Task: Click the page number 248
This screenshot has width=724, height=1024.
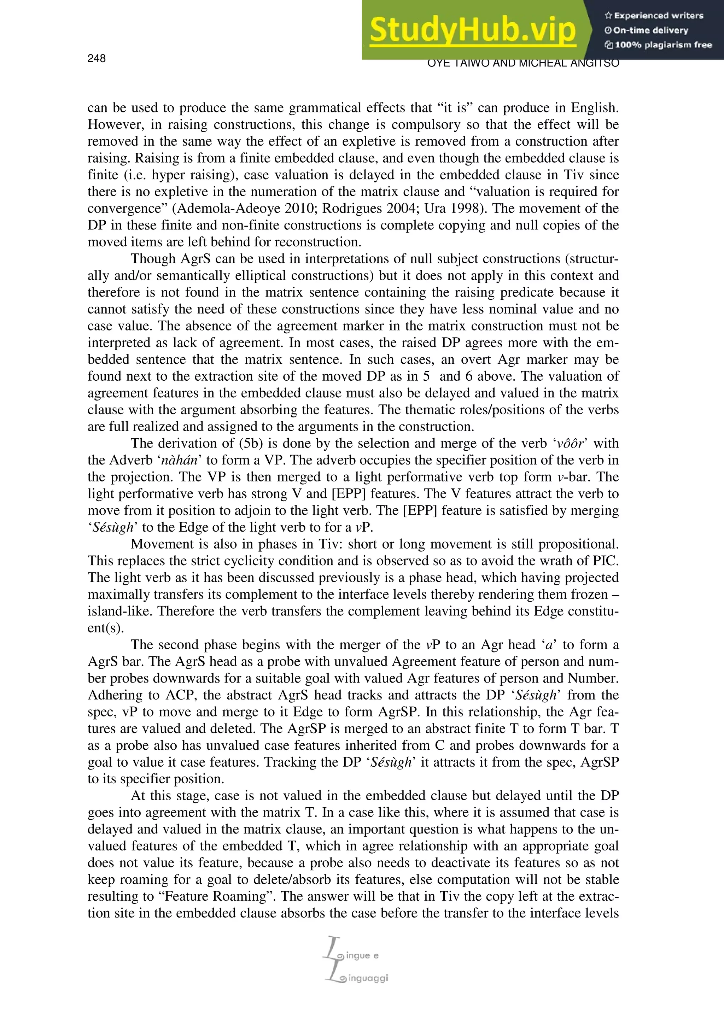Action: click(x=97, y=58)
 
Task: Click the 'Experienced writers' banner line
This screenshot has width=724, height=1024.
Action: click(x=654, y=16)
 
